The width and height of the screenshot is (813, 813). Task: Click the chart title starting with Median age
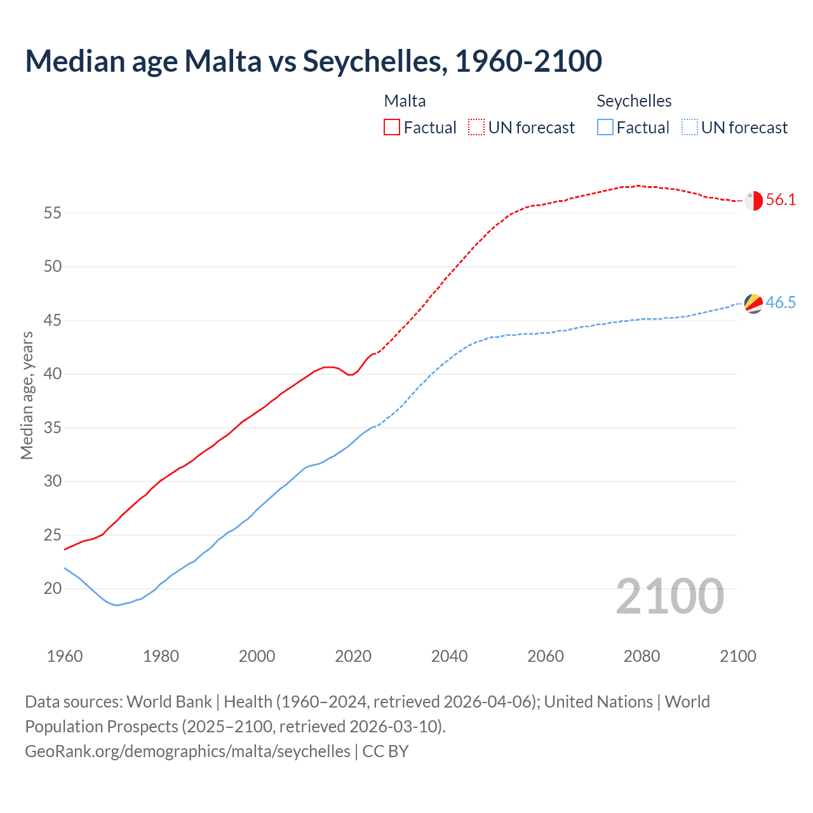coord(313,61)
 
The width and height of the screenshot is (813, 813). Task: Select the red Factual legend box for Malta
coord(392,128)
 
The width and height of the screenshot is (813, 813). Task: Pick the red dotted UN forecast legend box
coord(476,128)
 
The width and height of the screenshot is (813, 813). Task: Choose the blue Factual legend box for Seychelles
coord(605,128)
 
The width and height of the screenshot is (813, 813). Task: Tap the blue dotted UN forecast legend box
coord(690,128)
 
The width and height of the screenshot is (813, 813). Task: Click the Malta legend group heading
coord(405,101)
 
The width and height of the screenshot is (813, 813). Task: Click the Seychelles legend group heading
coord(634,101)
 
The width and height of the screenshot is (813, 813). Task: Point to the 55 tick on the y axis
coord(53,213)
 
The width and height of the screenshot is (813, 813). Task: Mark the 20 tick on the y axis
coord(53,589)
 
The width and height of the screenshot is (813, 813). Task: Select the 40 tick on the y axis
coord(53,374)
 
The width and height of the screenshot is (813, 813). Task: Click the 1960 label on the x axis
coord(65,656)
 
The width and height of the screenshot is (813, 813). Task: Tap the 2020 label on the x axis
coord(353,656)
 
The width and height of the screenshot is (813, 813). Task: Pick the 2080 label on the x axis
coord(642,656)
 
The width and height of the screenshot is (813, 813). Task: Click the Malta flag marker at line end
coord(753,201)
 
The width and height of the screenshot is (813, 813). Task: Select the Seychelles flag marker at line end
coord(753,304)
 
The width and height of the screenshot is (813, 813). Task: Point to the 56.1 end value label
coord(781,200)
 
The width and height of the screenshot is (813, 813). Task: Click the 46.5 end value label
coord(781,303)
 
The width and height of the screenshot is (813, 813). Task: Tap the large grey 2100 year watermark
coord(669,596)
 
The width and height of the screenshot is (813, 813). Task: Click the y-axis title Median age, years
coord(27,395)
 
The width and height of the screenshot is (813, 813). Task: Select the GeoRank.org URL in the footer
coord(187,751)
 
